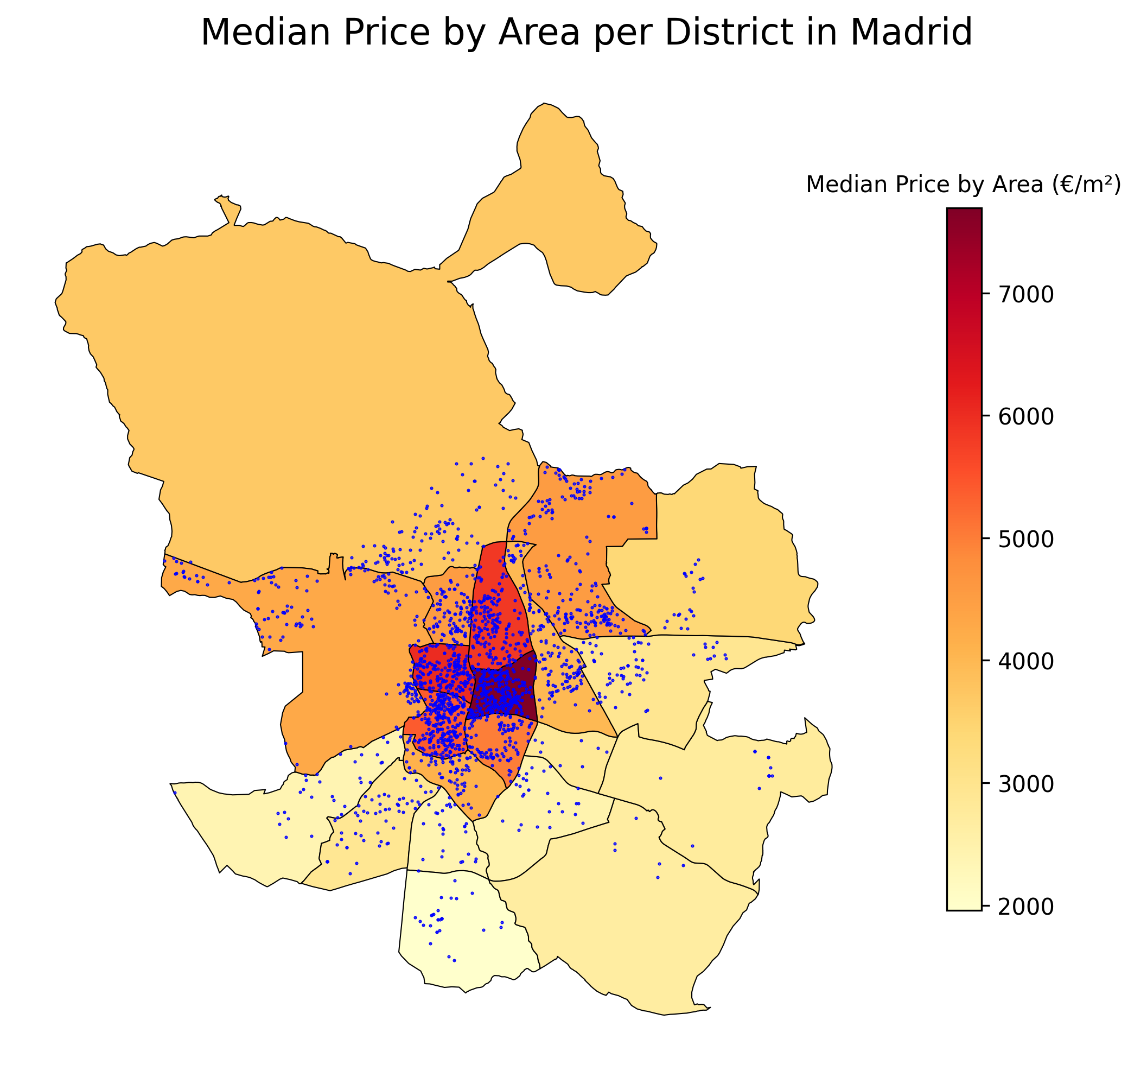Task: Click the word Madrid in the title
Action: [911, 33]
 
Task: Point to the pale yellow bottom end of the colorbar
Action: [964, 904]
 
